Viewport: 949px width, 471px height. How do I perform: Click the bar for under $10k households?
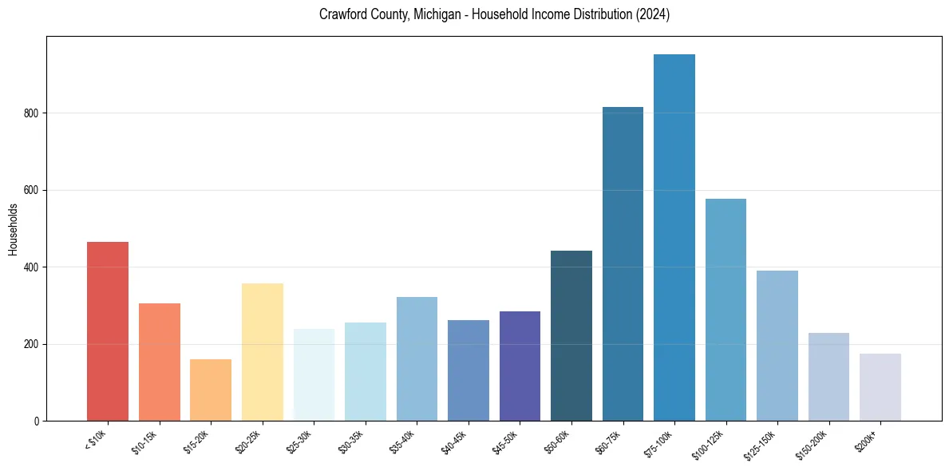108,331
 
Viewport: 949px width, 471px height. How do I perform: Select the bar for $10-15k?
159,362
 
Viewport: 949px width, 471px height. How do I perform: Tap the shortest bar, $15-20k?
211,390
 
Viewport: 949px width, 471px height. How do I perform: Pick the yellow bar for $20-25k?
262,352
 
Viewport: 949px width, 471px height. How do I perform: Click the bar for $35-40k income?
417,358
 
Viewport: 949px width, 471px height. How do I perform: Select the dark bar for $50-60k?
571,335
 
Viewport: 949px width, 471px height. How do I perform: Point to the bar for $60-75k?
623,263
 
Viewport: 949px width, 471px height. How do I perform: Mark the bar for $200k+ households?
880,387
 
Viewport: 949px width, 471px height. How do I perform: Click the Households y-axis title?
13,229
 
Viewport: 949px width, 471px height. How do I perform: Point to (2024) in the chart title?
654,15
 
